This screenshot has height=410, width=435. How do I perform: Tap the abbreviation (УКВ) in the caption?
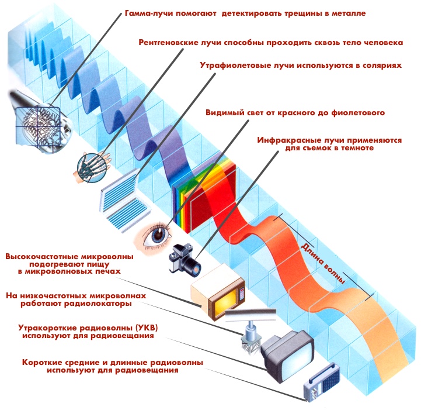point(137,328)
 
